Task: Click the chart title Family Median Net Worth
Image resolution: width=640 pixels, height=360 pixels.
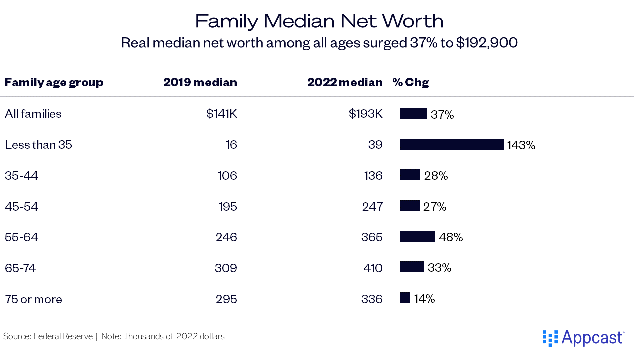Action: point(319,21)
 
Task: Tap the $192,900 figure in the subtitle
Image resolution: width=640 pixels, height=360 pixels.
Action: point(486,43)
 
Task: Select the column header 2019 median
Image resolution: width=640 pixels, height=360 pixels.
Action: point(200,82)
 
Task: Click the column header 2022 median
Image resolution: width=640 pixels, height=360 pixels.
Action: point(345,82)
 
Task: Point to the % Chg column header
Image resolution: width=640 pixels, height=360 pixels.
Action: point(411,82)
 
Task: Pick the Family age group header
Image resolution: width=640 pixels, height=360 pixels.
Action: point(54,82)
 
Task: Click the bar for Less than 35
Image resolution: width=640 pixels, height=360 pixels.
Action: point(451,144)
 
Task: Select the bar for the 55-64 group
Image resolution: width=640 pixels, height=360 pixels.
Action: point(417,236)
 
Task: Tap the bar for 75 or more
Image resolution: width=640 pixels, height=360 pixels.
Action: point(405,298)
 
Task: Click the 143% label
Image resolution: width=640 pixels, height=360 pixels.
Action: point(521,145)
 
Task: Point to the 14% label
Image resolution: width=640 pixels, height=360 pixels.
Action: point(424,299)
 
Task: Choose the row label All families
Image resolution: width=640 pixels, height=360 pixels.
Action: point(33,114)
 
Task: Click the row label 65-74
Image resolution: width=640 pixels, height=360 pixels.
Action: point(20,268)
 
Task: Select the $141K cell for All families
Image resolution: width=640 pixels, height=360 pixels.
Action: point(221,114)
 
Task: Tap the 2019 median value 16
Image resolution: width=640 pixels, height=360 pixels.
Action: point(231,145)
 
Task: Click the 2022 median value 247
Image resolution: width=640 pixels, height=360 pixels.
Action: point(372,206)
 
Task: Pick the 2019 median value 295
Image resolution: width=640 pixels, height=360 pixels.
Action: point(227,299)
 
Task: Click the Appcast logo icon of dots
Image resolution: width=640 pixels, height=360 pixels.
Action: point(550,338)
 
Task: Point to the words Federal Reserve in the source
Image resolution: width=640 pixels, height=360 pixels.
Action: point(63,336)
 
